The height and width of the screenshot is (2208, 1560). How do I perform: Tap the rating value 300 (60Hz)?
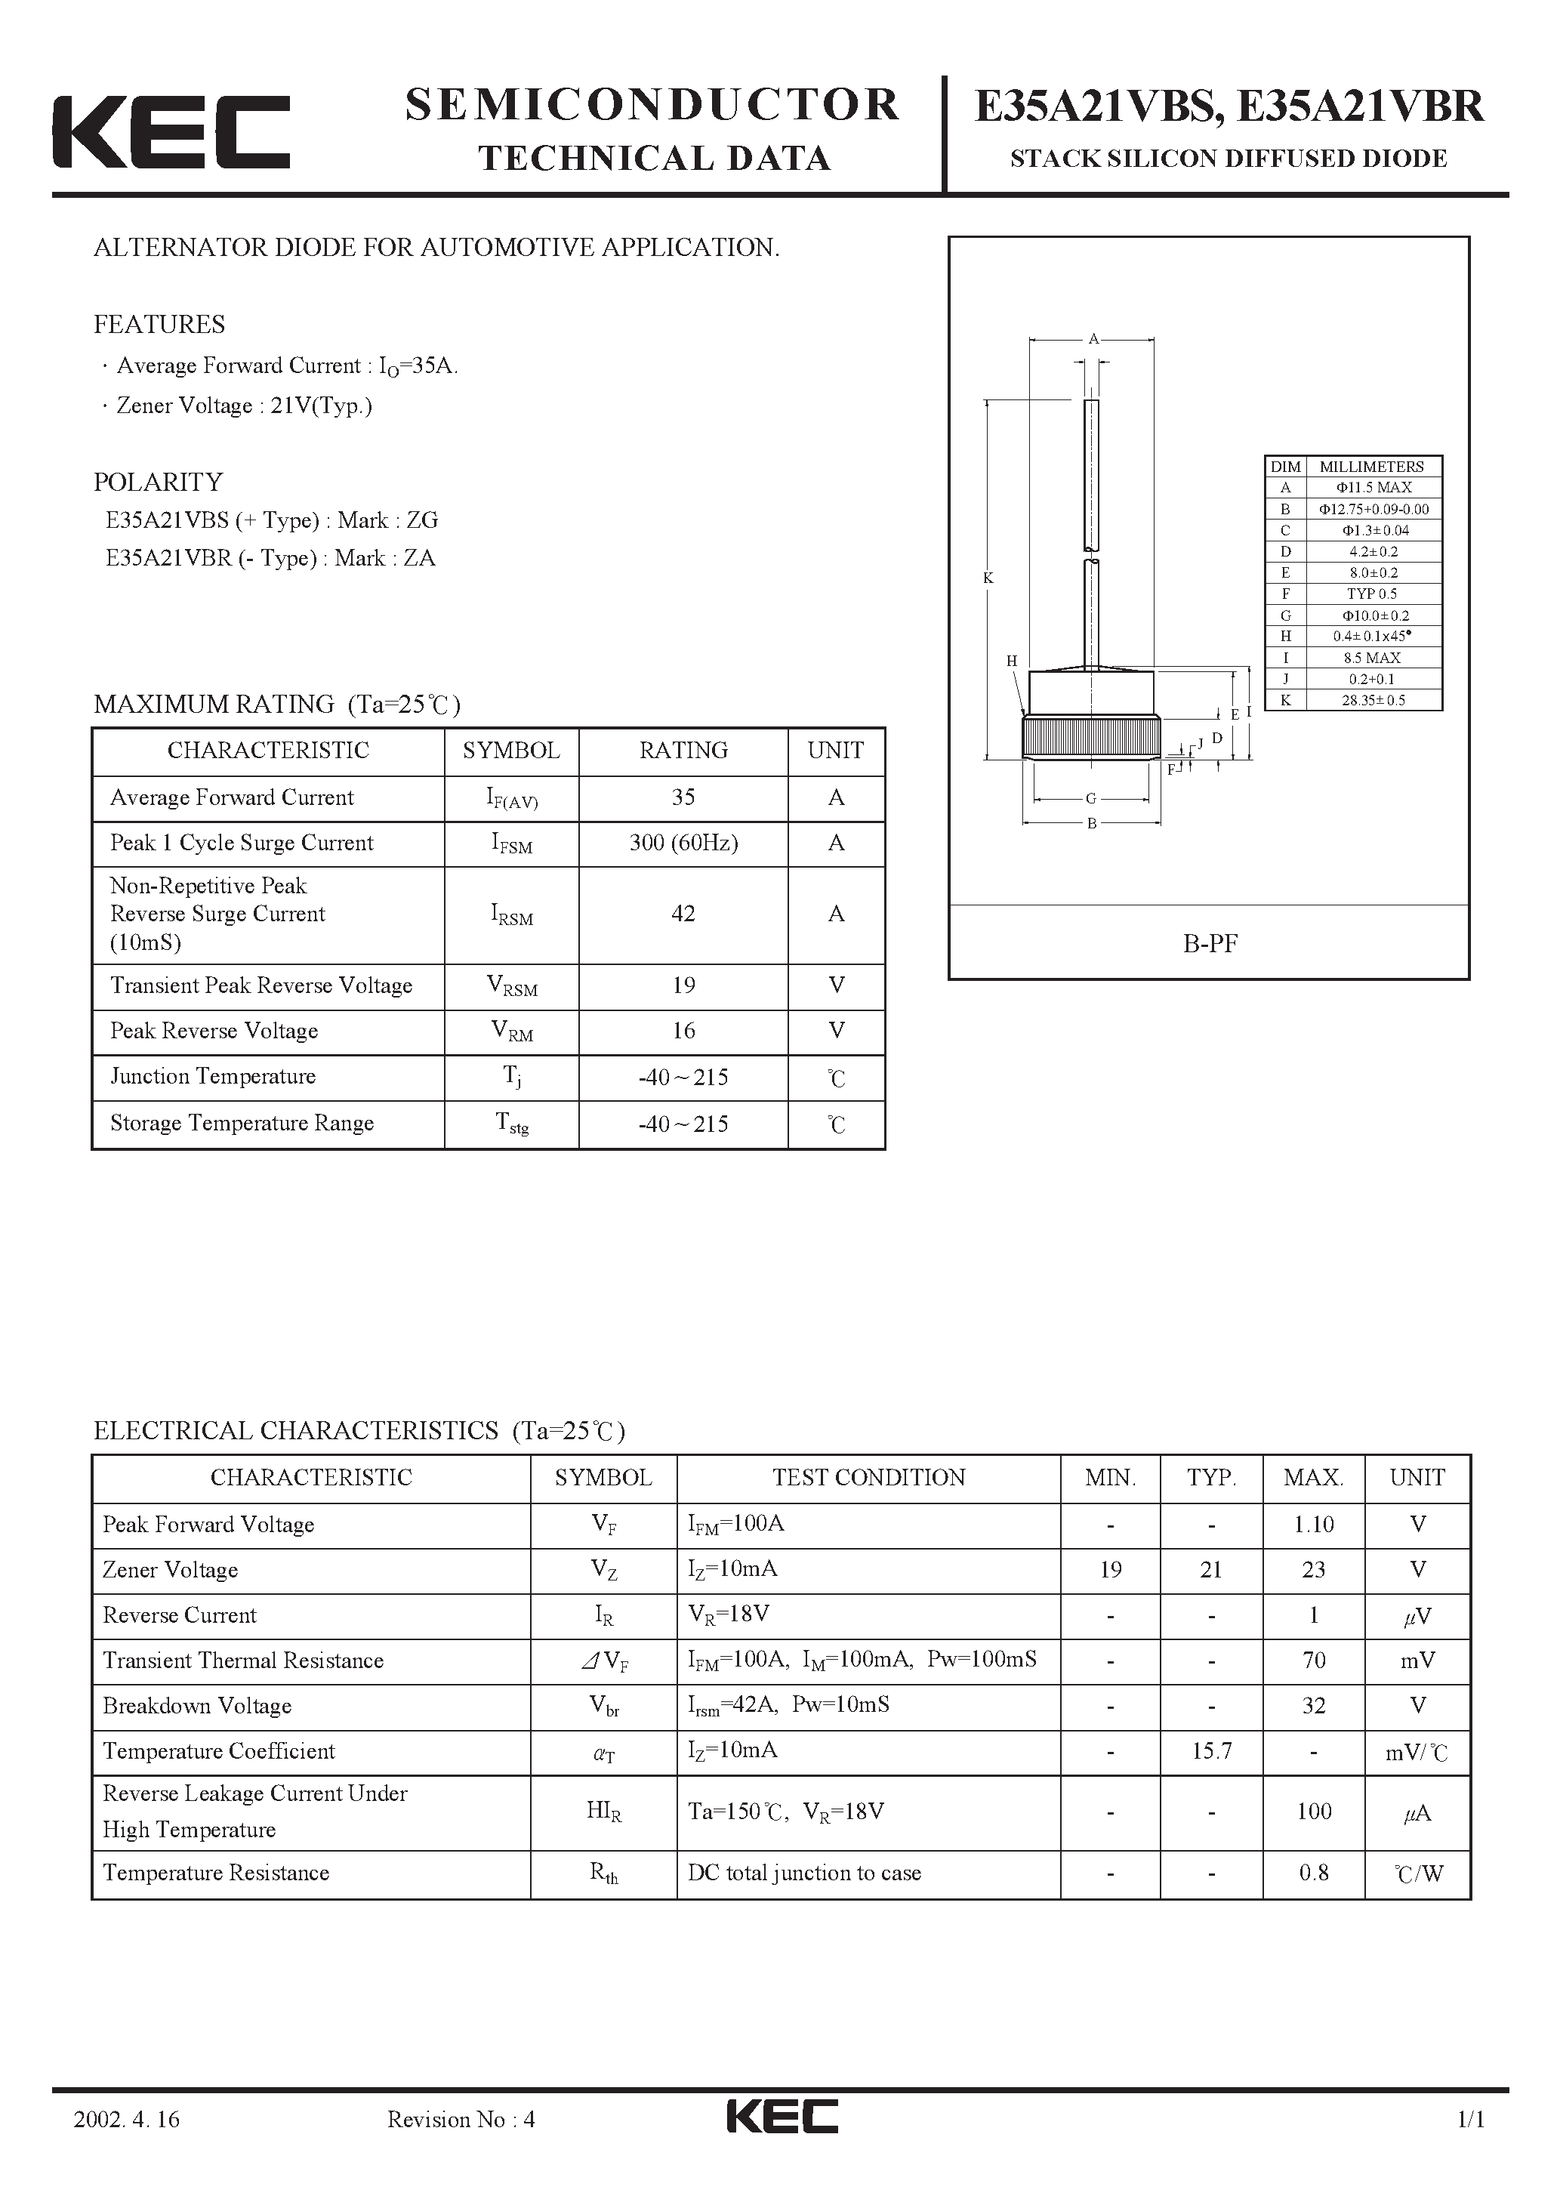[683, 843]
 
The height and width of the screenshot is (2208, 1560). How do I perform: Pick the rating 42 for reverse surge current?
[683, 914]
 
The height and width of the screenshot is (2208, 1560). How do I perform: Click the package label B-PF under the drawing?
[1209, 943]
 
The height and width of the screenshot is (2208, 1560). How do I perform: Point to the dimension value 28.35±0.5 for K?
[1373, 700]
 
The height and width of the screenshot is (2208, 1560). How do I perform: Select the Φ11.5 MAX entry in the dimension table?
[1373, 488]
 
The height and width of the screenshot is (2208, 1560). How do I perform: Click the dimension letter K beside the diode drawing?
[988, 578]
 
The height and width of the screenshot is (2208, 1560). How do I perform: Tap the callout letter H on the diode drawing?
[1012, 661]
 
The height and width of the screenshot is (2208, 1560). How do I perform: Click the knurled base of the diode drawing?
[1090, 738]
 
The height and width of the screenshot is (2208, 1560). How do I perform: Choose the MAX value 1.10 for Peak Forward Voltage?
[1313, 1525]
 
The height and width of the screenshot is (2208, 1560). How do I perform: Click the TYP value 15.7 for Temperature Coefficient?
[1211, 1750]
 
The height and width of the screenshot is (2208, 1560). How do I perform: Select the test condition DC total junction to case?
[804, 1873]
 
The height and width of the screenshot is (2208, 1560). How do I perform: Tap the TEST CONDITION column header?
[868, 1477]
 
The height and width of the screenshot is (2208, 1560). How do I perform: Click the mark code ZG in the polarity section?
[421, 520]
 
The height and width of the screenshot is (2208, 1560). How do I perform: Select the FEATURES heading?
[159, 325]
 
